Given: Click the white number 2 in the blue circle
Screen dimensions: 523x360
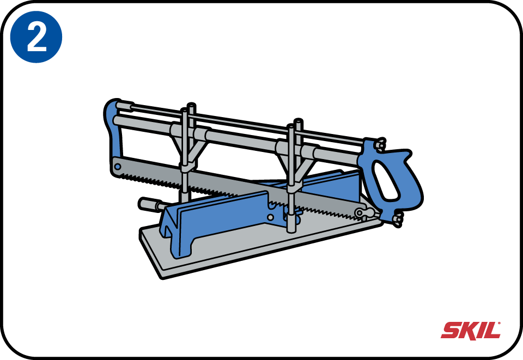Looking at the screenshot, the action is click(x=37, y=38).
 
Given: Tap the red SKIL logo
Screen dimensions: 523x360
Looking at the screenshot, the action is click(x=471, y=331).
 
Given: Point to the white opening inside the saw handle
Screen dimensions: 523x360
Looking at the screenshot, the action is click(x=385, y=180).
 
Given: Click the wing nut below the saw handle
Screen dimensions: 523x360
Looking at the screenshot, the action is click(x=397, y=220).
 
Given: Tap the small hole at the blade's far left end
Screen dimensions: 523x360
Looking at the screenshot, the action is click(x=118, y=166).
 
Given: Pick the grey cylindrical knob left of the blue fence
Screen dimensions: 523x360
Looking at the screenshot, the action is click(x=152, y=204).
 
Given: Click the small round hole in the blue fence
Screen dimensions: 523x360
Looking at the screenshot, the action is click(x=271, y=217).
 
